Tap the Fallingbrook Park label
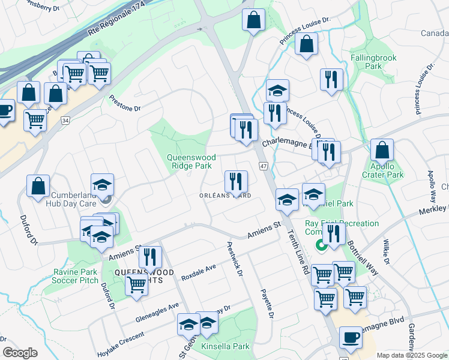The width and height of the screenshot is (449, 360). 373,62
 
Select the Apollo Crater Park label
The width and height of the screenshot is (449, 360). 382,170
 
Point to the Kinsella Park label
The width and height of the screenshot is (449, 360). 225,346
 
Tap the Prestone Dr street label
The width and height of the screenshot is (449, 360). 124,103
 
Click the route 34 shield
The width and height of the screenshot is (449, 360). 65,121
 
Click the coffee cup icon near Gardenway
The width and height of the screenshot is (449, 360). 351,338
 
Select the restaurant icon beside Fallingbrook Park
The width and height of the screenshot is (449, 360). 331,80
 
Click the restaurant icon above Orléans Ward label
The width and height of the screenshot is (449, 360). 236,181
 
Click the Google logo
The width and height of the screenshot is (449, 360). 20,353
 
